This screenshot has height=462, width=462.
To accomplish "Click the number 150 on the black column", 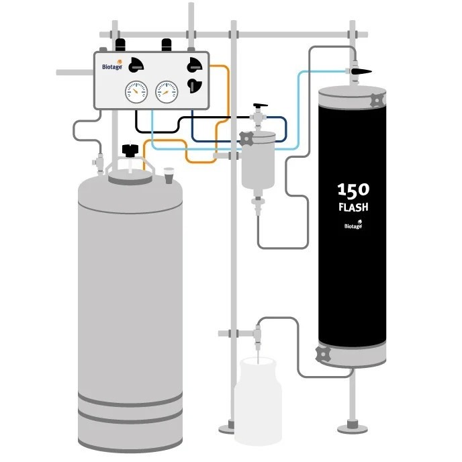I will pos(353,189).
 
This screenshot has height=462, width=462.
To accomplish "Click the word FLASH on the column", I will pos(353,207).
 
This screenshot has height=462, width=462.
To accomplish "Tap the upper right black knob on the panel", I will pos(195,64).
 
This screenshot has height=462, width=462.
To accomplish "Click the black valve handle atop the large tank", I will pos(128,148).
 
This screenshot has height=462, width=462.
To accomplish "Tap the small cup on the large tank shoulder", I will pos(169,173).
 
